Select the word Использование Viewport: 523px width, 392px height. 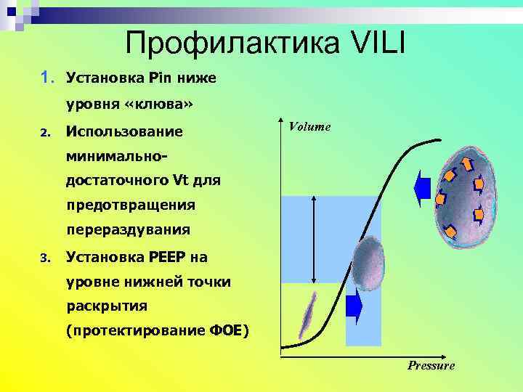(x=124, y=131)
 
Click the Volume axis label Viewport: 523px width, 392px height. (x=309, y=126)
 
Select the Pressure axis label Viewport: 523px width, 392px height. (x=431, y=365)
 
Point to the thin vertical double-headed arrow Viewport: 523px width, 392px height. (x=313, y=240)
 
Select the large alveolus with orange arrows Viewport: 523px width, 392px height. (x=461, y=189)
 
